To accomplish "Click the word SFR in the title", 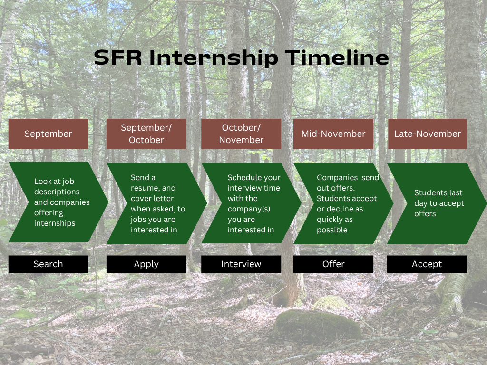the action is point(118,58).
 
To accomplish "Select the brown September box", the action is point(49,134).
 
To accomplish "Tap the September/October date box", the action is point(146,134).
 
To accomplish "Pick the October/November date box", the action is point(241,134).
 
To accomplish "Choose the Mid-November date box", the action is point(333,134).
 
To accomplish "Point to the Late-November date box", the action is point(428,134).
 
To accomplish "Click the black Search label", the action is point(49,264).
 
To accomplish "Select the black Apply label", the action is point(146,264).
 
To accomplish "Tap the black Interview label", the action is point(241,264).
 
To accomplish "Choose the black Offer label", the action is point(333,264).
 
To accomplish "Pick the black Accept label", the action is point(427,264).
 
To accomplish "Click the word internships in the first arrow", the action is point(55,223).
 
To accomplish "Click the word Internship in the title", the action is point(214,58).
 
